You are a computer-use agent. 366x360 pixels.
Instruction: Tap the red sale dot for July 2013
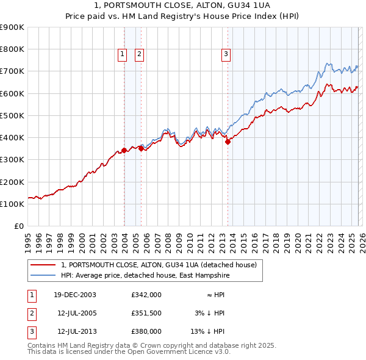228,142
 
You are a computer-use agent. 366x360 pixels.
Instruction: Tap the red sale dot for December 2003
124,149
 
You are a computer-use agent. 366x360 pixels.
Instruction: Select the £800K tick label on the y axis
12,49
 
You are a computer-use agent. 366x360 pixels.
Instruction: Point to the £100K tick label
12,204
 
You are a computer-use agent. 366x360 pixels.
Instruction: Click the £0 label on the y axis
18,226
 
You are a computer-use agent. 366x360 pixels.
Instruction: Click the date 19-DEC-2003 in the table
75,295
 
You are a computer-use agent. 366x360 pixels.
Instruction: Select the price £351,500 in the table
146,313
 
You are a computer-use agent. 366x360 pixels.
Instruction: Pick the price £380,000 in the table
146,331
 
